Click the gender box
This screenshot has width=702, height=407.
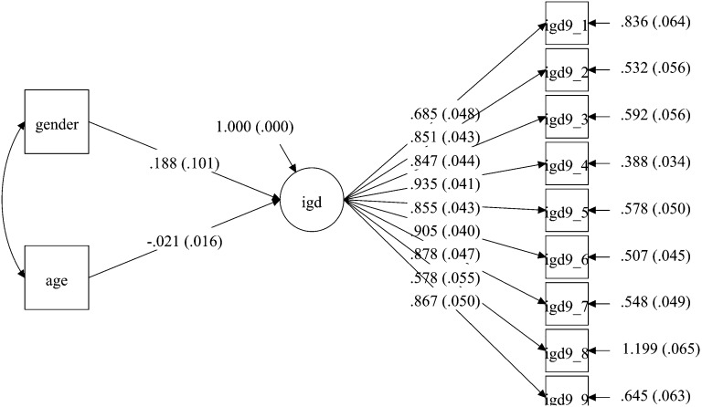[56, 121]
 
